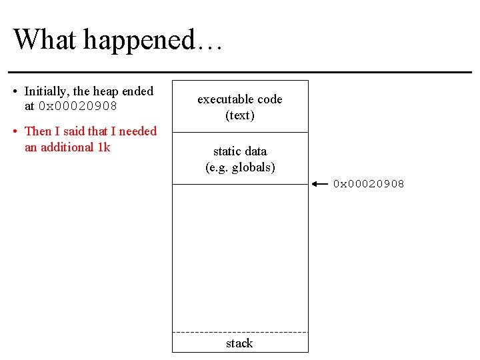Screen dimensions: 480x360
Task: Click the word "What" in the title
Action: pos(43,39)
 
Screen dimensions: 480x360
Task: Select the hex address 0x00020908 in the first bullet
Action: pos(78,107)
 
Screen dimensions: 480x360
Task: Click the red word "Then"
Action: pos(37,131)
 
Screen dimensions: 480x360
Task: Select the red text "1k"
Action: pos(103,147)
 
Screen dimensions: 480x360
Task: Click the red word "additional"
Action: pos(66,147)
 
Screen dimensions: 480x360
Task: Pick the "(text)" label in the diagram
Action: pos(240,115)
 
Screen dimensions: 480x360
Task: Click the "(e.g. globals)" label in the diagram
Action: pos(240,167)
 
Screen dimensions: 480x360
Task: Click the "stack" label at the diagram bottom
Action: pos(239,343)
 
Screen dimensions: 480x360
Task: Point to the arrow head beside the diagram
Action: pos(316,183)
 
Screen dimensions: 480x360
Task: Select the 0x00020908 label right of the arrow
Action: pos(369,184)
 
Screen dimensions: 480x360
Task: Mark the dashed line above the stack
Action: pos(240,331)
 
